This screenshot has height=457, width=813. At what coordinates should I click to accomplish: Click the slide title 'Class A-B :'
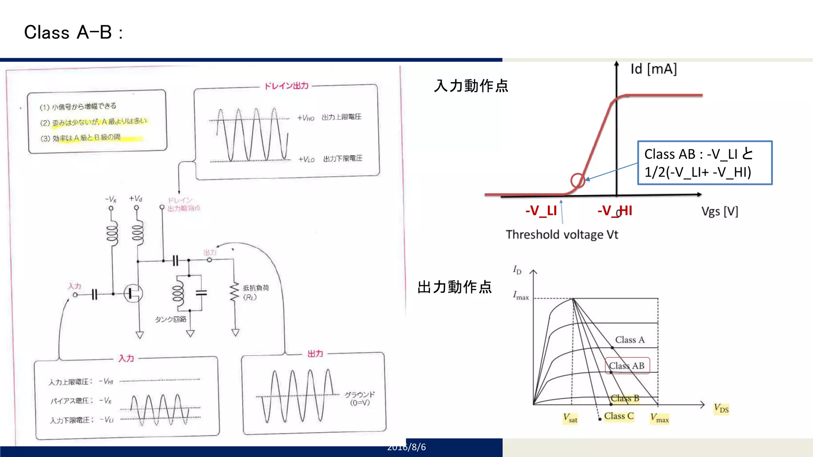pos(73,33)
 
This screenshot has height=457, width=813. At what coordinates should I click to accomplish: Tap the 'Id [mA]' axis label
pos(653,69)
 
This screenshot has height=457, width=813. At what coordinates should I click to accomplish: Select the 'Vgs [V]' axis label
pos(719,211)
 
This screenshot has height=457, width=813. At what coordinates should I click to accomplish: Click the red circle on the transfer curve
pos(578,180)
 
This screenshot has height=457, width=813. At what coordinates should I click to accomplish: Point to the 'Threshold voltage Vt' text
pos(562,234)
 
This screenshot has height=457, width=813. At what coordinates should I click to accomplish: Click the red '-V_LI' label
pos(541,211)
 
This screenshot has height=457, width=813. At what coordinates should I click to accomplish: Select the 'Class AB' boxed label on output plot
pos(627,366)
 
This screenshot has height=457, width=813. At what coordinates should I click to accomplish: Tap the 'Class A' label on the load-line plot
pos(630,340)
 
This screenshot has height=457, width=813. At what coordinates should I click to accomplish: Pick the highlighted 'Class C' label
pos(618,416)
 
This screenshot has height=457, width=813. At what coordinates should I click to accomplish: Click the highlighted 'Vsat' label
pos(570,418)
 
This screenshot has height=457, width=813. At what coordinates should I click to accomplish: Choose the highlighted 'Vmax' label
pos(659,418)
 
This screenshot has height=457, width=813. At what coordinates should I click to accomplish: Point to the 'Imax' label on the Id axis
pos(520,296)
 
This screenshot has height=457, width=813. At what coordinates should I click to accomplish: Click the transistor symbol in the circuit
pos(133,294)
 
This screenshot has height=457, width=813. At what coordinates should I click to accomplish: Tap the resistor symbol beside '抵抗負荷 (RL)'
pos(235,292)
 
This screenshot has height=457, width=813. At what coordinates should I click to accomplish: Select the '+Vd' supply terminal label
pos(135,198)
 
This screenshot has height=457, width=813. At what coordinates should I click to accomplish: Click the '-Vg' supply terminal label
pos(111,199)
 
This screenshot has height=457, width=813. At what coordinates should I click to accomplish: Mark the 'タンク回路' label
pos(170,319)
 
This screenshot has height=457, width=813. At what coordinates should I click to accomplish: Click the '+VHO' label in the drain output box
pos(306,118)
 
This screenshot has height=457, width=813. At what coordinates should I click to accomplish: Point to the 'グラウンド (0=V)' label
pos(360,398)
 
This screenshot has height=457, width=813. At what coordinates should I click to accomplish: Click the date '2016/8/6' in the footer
pos(406,447)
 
